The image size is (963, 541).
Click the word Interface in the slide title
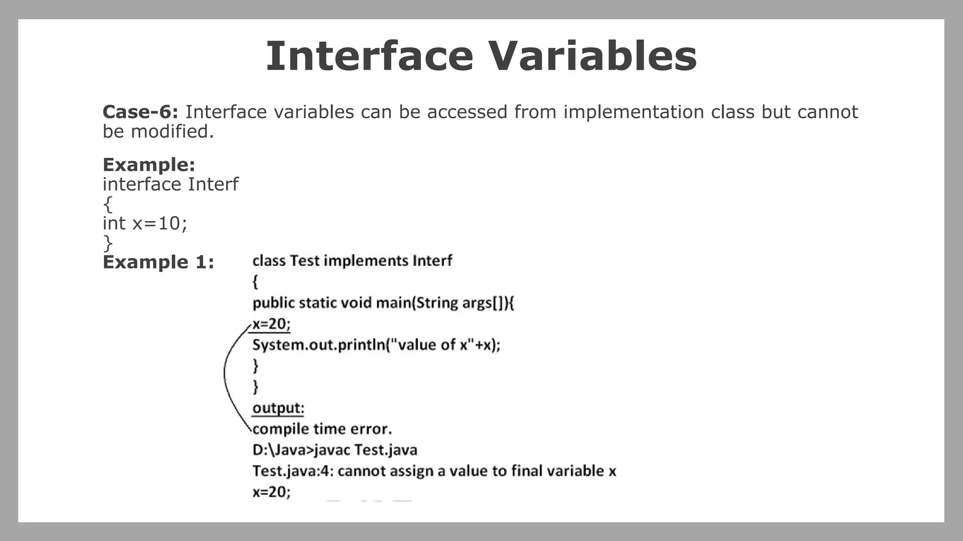click(x=369, y=56)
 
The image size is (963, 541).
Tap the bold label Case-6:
click(x=140, y=112)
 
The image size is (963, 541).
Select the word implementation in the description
click(x=633, y=112)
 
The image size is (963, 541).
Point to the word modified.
click(x=172, y=132)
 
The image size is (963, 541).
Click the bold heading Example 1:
click(x=158, y=262)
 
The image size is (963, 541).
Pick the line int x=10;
click(x=145, y=224)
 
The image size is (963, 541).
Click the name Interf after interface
click(x=213, y=185)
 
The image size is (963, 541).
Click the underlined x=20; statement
click(x=271, y=324)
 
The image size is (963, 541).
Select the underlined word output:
click(x=278, y=408)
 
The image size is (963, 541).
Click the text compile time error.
click(x=322, y=429)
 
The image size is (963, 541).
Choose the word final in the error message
click(x=530, y=471)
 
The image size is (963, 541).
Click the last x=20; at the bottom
click(x=271, y=492)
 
